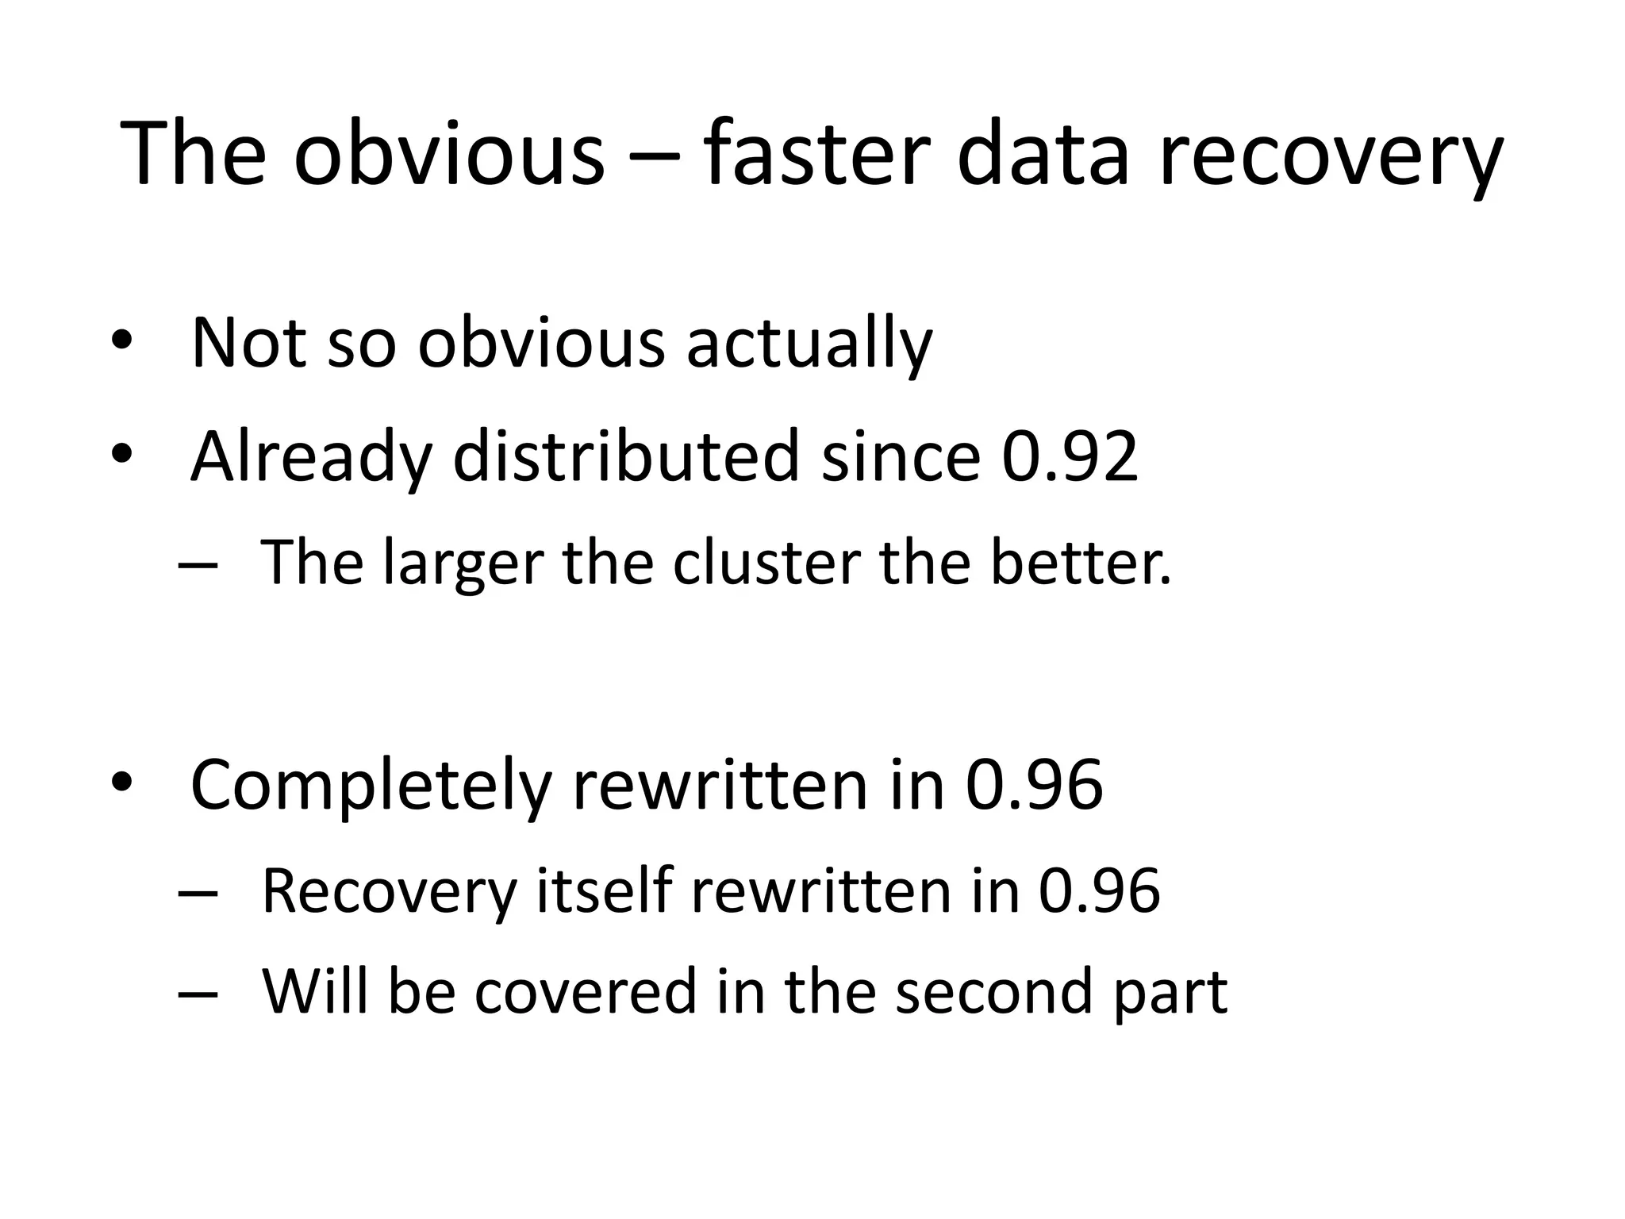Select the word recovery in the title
[1330, 159]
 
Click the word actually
[809, 346]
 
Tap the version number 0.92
[1070, 458]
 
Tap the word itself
[604, 890]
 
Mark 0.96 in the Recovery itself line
[1099, 890]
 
